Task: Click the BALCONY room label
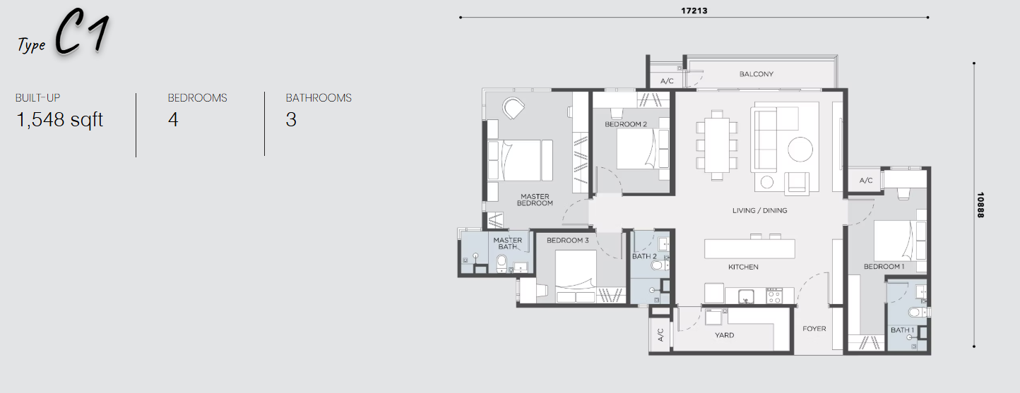757,74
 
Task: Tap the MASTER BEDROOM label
535,200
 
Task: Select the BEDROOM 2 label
626,124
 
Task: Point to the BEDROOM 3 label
567,240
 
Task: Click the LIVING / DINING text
759,210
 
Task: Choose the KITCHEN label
743,267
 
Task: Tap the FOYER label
814,328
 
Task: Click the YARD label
725,335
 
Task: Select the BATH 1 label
903,329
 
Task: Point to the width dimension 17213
694,11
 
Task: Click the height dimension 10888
980,205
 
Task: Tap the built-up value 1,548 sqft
59,120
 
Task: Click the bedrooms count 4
173,120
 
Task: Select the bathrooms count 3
291,120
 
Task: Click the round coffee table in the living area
800,149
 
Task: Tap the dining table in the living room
717,145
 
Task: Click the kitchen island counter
749,249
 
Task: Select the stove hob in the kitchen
773,296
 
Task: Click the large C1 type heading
82,32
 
